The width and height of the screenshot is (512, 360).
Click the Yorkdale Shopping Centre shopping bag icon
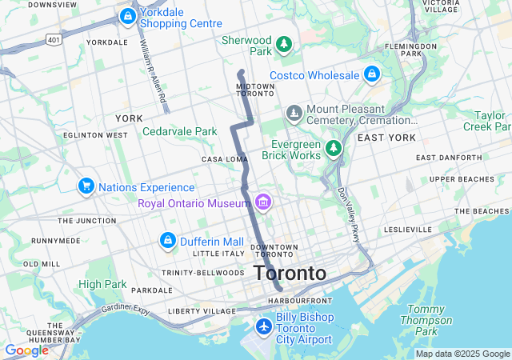[128, 16]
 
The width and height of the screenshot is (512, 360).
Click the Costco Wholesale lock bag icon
[371, 75]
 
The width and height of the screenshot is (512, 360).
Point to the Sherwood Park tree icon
[283, 43]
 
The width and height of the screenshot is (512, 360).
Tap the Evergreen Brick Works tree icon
[334, 149]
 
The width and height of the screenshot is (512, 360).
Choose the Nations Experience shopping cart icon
[86, 186]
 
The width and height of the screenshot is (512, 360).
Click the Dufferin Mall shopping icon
[167, 241]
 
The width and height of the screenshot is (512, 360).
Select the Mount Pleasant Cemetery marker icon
[294, 113]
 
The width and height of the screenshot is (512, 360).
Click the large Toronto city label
[290, 273]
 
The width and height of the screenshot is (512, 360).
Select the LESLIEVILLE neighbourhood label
[407, 229]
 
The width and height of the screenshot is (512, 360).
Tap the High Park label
[102, 284]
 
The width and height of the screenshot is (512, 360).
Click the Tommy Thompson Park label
[426, 320]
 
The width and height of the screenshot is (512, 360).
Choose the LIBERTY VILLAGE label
[203, 310]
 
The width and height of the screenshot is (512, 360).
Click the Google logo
[26, 350]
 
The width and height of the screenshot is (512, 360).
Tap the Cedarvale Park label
[180, 131]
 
